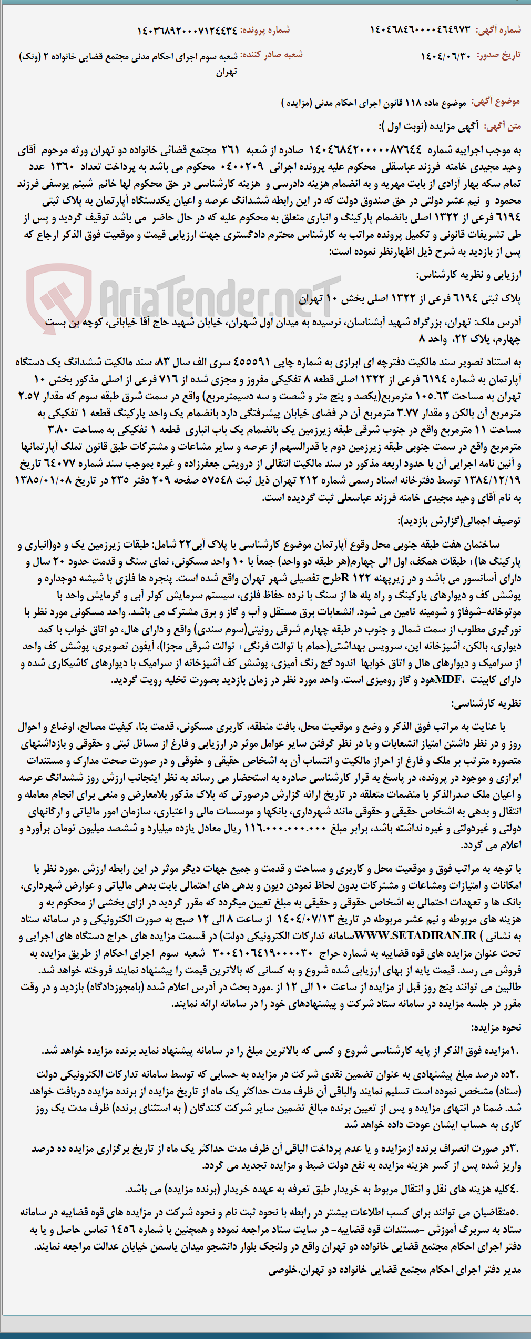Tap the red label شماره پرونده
265,30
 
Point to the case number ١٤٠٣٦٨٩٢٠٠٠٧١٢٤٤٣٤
187,31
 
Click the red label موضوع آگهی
496,102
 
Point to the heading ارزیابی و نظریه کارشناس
468,275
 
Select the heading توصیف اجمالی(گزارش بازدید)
459,521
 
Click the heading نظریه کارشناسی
486,703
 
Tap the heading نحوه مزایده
496,1028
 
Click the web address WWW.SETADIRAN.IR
415,935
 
